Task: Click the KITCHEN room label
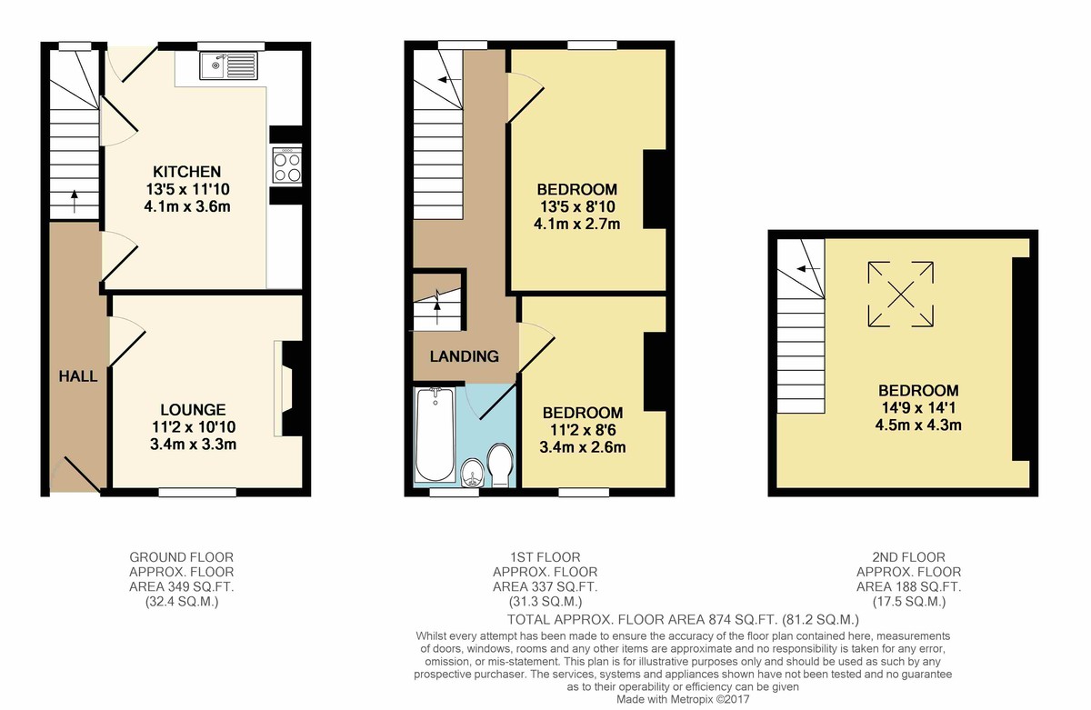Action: pyautogui.click(x=187, y=172)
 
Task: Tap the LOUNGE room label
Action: pyautogui.click(x=194, y=409)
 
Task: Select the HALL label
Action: pyautogui.click(x=78, y=376)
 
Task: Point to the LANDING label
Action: pyautogui.click(x=465, y=356)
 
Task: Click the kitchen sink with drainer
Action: pyautogui.click(x=227, y=65)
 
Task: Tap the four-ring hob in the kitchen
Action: pyautogui.click(x=287, y=165)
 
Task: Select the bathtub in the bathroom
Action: pyautogui.click(x=435, y=435)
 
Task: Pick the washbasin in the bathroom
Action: pyautogui.click(x=472, y=473)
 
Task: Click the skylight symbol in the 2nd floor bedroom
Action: pyautogui.click(x=901, y=295)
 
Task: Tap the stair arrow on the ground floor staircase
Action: pyautogui.click(x=74, y=201)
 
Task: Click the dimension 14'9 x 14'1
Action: pyautogui.click(x=918, y=407)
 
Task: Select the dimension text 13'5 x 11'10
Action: pyautogui.click(x=187, y=189)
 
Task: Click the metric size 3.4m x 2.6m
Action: pyautogui.click(x=583, y=447)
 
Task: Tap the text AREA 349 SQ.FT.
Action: pyautogui.click(x=181, y=586)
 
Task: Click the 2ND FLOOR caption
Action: pyautogui.click(x=908, y=557)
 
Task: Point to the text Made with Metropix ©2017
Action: pyautogui.click(x=683, y=700)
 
